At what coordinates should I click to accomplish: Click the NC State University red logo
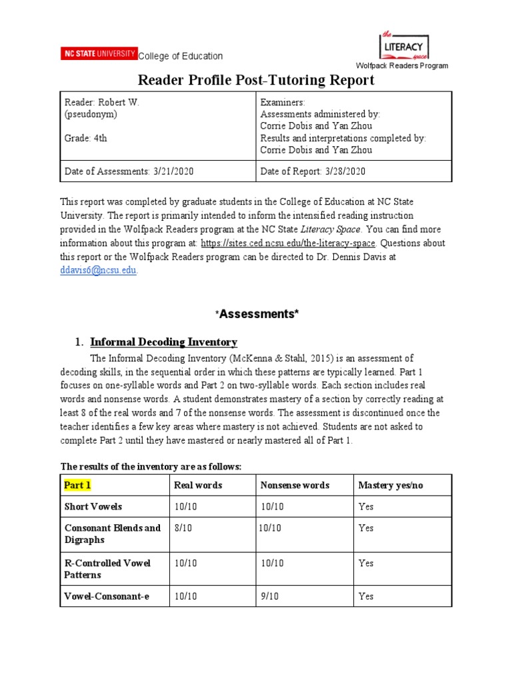tap(99, 54)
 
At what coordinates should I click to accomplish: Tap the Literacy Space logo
tap(403, 45)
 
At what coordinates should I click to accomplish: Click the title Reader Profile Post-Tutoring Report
tap(256, 81)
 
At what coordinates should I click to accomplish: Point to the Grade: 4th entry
tap(85, 138)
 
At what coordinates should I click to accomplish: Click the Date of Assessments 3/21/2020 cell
tap(129, 171)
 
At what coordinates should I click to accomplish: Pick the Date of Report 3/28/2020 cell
tap(313, 171)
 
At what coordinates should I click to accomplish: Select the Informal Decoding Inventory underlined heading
tap(163, 342)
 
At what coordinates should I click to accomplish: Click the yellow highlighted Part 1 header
tap(77, 485)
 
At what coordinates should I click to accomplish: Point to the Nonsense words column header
tap(295, 485)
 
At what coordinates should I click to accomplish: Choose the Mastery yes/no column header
tap(391, 485)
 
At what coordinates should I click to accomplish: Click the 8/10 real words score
tap(183, 528)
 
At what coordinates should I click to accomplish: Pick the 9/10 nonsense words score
tap(271, 596)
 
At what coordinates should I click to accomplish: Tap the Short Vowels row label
tap(93, 506)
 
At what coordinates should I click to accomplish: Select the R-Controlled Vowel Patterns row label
tap(107, 569)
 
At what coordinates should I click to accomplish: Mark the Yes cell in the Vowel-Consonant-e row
tap(366, 596)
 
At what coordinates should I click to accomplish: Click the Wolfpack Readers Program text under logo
tap(401, 65)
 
